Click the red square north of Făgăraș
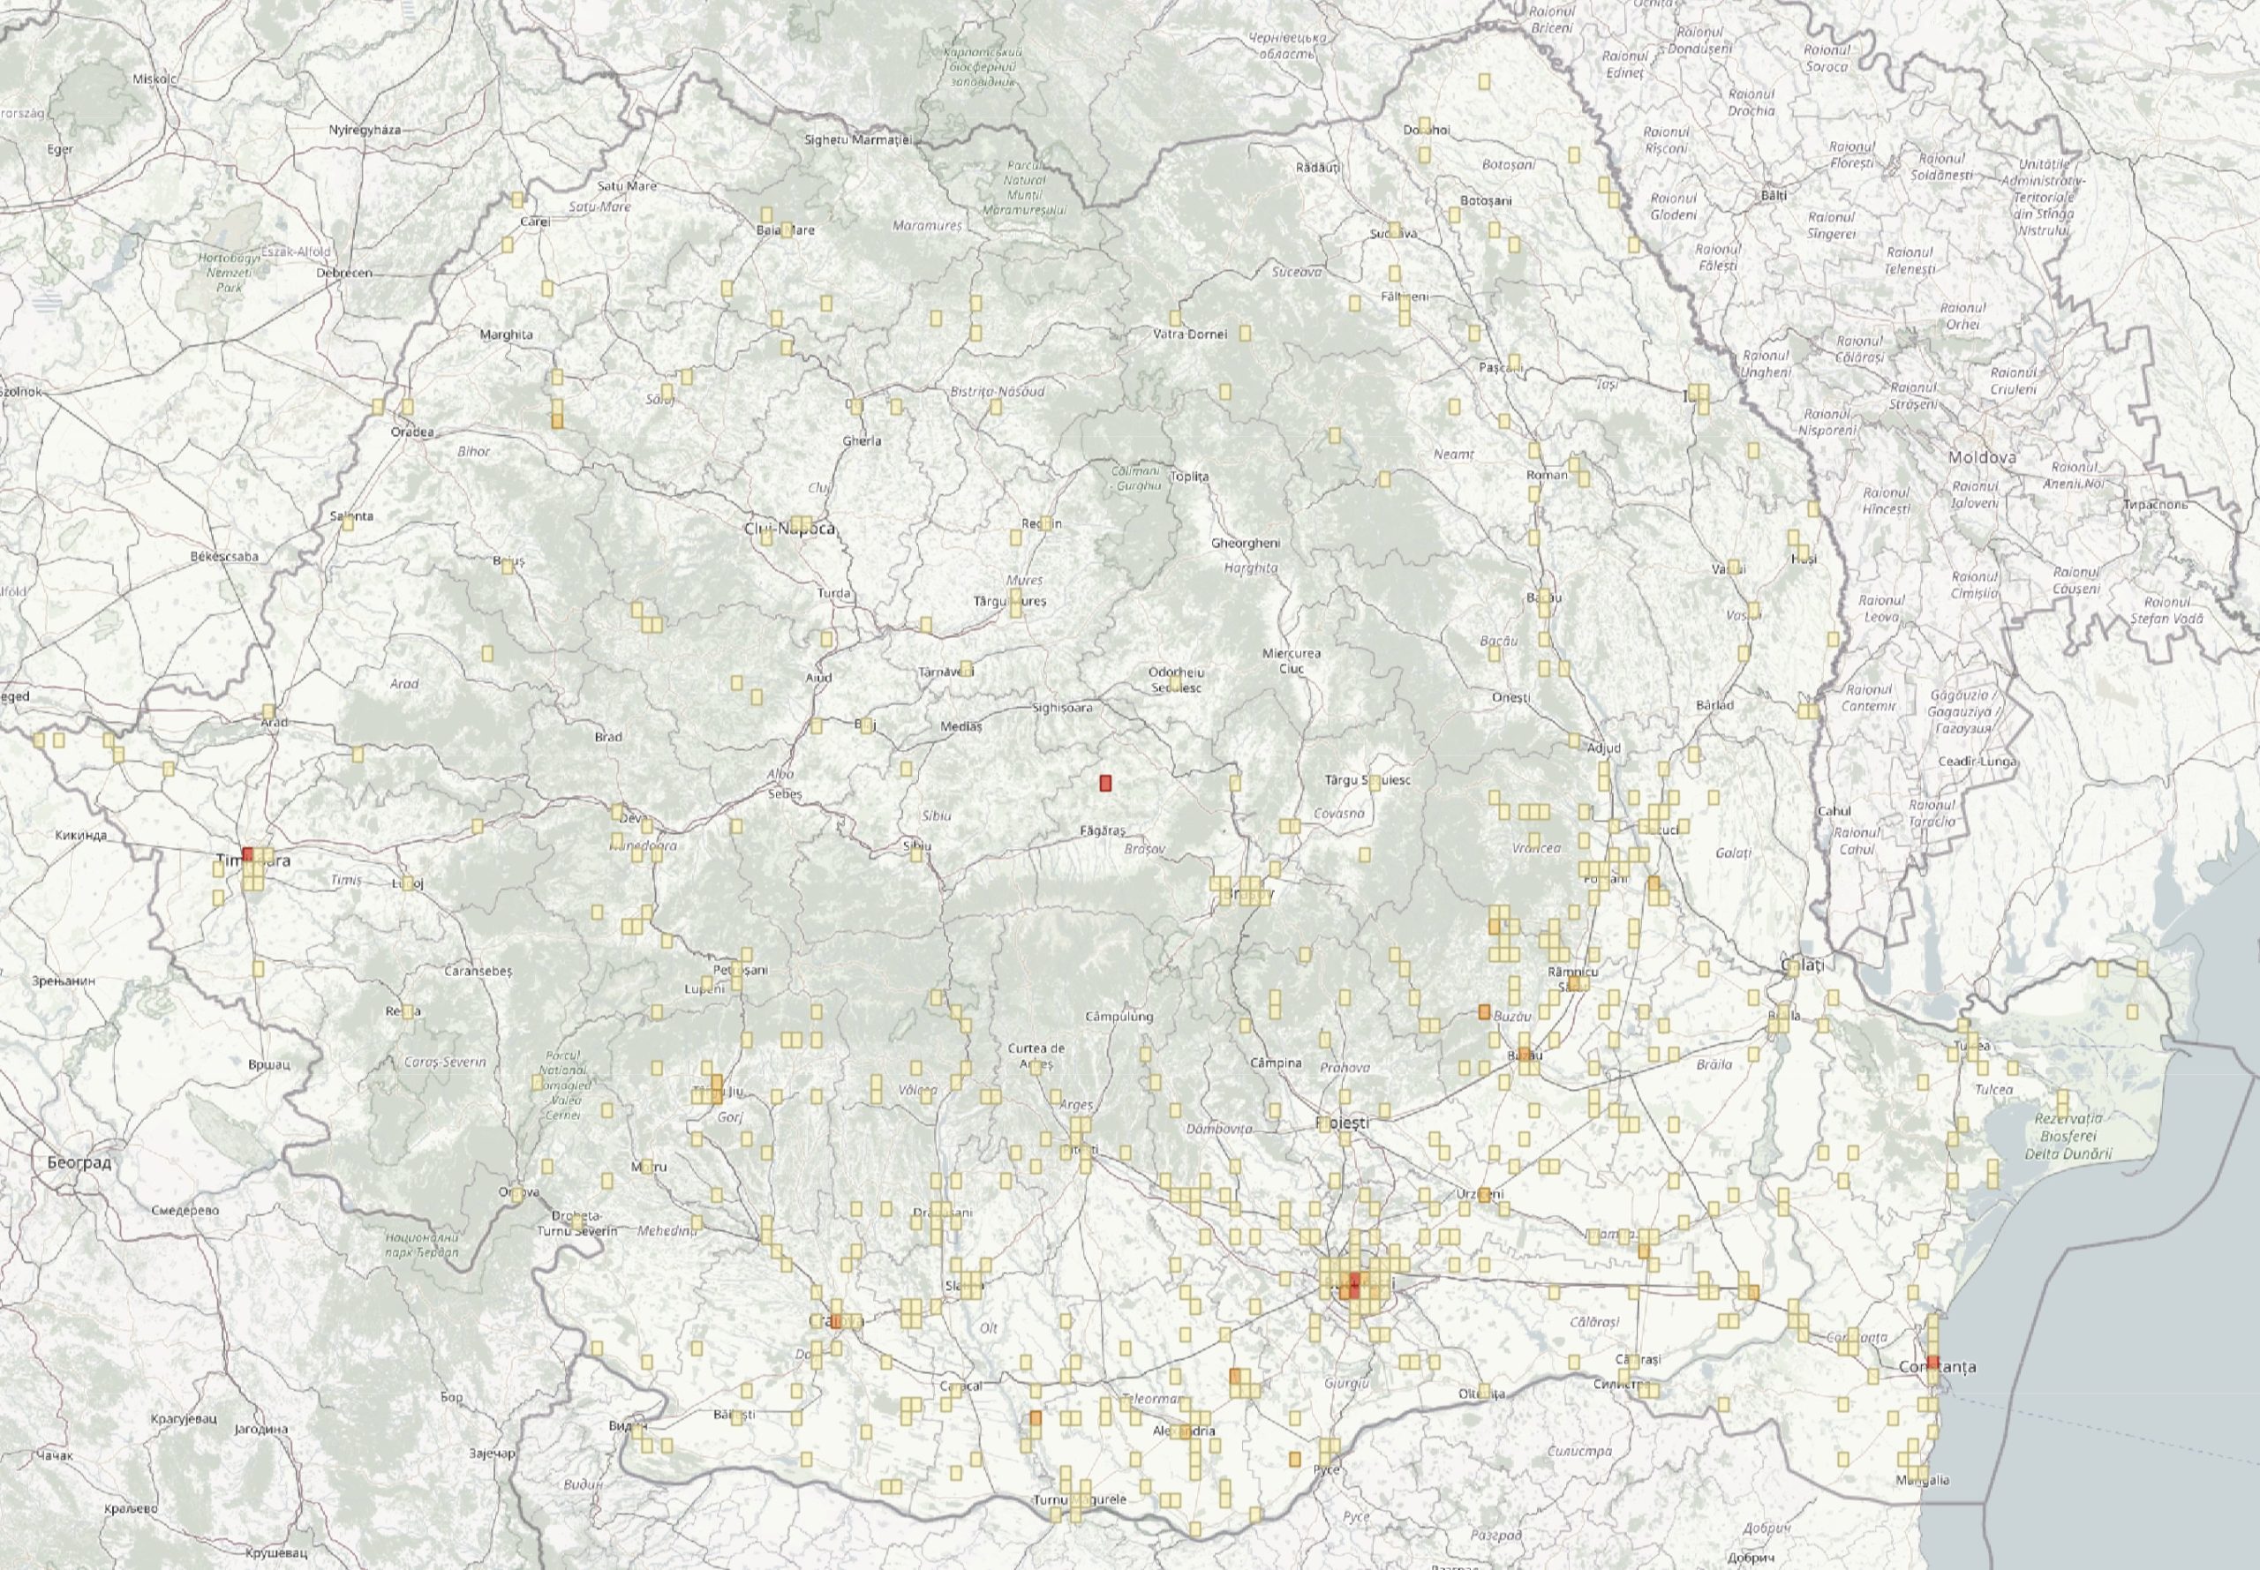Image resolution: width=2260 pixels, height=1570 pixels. click(1105, 783)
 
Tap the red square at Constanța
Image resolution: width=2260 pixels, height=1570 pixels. click(1933, 1363)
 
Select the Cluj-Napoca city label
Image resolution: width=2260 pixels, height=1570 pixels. click(790, 530)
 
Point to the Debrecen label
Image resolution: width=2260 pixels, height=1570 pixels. click(344, 273)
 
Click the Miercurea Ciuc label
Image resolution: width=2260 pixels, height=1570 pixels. click(1292, 661)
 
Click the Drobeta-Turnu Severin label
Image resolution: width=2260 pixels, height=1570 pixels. click(576, 1224)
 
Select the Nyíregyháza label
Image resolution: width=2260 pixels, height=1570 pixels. click(365, 130)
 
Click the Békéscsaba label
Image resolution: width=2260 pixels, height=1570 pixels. click(224, 557)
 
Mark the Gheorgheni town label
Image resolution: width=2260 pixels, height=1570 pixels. click(1246, 543)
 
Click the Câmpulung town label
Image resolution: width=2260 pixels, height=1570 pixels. click(1118, 1016)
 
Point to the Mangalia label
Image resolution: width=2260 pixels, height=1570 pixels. click(1925, 1479)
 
